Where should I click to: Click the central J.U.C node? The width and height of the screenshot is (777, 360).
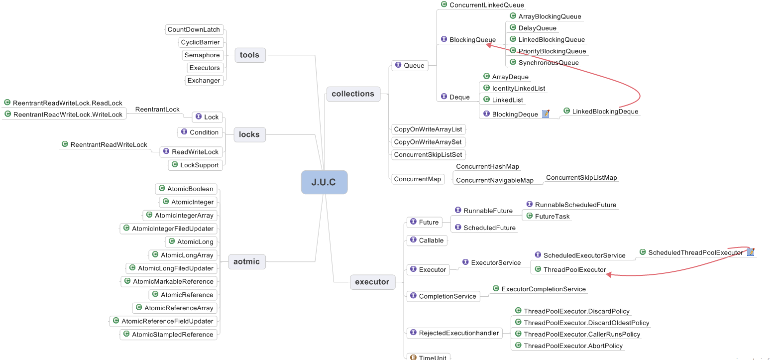click(x=325, y=182)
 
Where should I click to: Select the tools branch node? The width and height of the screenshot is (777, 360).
click(x=250, y=55)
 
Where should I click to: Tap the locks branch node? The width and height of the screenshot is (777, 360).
click(x=250, y=135)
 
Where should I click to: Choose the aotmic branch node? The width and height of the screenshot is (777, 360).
click(x=247, y=262)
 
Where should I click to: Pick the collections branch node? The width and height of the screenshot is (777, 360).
click(x=353, y=94)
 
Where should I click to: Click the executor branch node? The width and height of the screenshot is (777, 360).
click(x=372, y=282)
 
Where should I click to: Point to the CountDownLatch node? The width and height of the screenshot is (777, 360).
click(x=194, y=29)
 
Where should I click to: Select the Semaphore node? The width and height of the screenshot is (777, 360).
click(x=202, y=55)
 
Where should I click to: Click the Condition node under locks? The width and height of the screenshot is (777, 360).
click(x=200, y=132)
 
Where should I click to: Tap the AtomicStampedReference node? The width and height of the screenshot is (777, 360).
click(x=169, y=334)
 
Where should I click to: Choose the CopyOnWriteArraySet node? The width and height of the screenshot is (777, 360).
click(x=428, y=142)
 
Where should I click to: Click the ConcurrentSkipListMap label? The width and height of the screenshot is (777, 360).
click(x=581, y=178)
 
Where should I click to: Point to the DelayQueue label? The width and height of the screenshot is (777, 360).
click(x=537, y=28)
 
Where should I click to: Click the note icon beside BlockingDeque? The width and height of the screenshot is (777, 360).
click(x=546, y=114)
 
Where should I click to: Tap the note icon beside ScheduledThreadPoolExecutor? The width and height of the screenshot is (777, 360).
click(x=751, y=252)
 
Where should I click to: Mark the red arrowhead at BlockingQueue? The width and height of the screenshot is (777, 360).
click(x=489, y=45)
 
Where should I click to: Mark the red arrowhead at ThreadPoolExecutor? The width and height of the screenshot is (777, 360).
click(x=609, y=274)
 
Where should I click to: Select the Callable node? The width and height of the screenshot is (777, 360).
click(x=427, y=240)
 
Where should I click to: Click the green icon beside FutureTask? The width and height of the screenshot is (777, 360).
click(x=529, y=216)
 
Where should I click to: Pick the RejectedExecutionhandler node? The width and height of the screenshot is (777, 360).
click(x=454, y=333)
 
